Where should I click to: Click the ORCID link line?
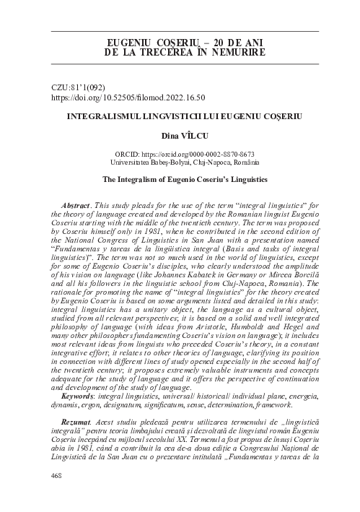[185, 155]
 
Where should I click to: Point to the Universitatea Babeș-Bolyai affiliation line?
[185, 164]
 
